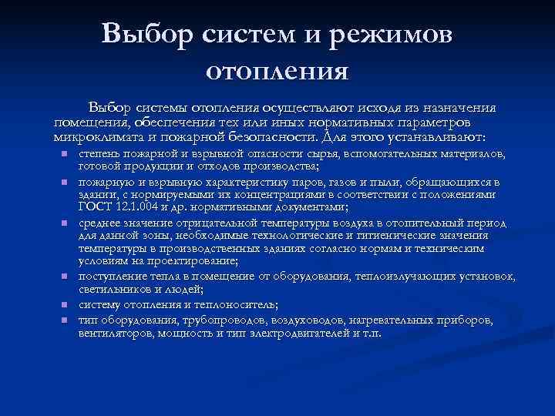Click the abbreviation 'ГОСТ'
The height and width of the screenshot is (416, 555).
point(94,207)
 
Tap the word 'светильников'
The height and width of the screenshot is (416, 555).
point(113,290)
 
